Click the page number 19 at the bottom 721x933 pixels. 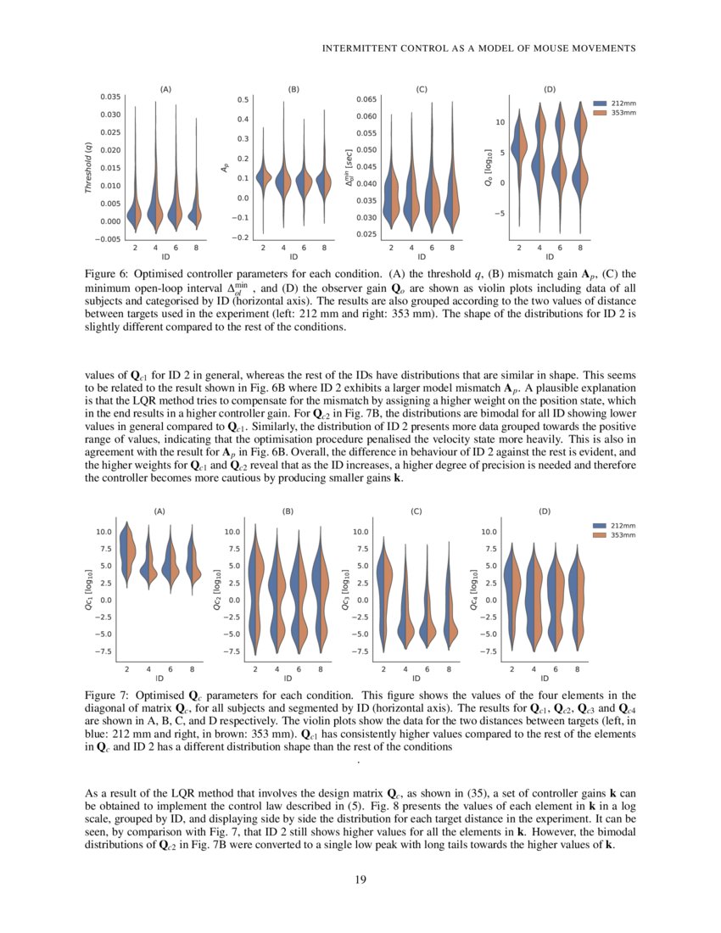(x=360, y=880)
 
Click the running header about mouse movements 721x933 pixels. (x=479, y=48)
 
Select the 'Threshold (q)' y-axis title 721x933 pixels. (x=88, y=166)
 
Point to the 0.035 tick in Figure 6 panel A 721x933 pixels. (x=110, y=97)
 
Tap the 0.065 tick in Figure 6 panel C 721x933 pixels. (x=366, y=99)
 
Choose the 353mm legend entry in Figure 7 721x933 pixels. (x=623, y=535)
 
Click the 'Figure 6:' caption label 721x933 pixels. (x=109, y=275)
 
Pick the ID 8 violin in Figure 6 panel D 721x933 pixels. (x=580, y=161)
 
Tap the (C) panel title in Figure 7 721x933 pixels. (x=416, y=511)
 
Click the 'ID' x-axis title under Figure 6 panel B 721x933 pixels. (x=293, y=256)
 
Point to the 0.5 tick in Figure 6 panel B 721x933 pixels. (x=243, y=99)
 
